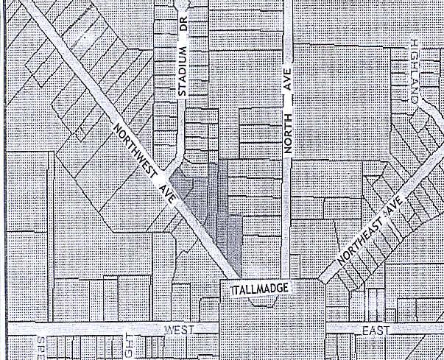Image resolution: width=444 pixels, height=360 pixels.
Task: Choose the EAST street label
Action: coord(376,331)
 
